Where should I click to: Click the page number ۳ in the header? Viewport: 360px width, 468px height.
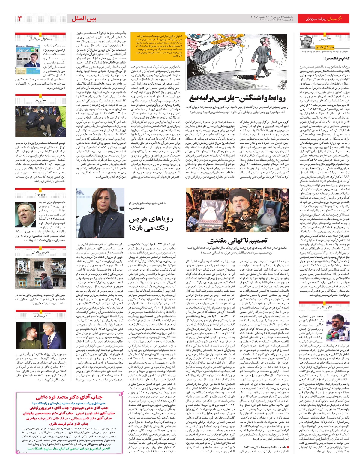20,19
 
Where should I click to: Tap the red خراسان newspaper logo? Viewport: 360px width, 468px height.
341,19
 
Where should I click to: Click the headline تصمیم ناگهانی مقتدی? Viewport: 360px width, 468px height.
237,240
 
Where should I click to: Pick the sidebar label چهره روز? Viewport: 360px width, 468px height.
40,194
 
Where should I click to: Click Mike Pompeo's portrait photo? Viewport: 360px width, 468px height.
25,214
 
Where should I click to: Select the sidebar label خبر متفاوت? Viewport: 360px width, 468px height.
40,316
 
